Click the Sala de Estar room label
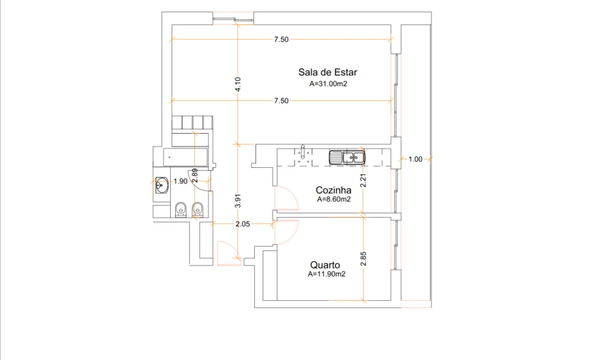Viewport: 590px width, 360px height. (x=327, y=72)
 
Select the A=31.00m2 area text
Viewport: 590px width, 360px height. (x=327, y=83)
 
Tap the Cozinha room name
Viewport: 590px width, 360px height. (x=334, y=190)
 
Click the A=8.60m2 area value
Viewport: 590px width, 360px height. (x=334, y=200)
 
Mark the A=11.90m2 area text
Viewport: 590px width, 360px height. (x=327, y=274)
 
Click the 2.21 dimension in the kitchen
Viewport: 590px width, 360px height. (x=363, y=181)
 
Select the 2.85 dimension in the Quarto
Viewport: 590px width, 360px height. (x=363, y=258)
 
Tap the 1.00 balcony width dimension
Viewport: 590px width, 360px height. (x=416, y=159)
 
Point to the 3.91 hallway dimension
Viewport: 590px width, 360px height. (x=239, y=201)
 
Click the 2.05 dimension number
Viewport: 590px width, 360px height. (x=242, y=224)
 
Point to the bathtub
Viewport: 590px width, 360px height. (x=185, y=156)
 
